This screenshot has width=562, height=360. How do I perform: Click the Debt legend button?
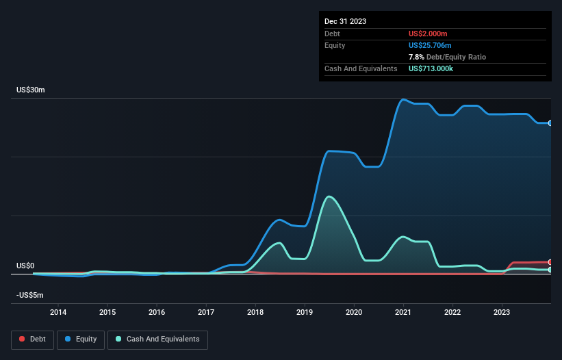tap(33, 339)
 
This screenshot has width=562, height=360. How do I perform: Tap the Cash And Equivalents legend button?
tap(157, 339)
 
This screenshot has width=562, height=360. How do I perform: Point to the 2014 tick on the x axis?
tap(58, 313)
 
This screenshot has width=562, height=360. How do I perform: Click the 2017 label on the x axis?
tap(206, 313)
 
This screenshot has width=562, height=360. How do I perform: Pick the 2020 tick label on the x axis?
tap(354, 313)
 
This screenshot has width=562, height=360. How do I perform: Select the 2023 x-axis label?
tap(502, 313)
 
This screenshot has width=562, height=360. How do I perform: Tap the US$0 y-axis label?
tap(25, 266)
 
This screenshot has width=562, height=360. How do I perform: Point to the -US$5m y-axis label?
tap(30, 295)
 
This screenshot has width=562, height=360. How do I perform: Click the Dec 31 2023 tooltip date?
tap(345, 21)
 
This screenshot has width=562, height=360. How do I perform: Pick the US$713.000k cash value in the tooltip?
tap(436, 68)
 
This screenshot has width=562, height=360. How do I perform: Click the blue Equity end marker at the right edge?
tap(550, 123)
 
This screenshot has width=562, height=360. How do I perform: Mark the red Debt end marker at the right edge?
tap(550, 262)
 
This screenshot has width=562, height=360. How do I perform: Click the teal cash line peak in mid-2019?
tap(330, 196)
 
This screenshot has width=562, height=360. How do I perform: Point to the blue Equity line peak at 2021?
tap(403, 99)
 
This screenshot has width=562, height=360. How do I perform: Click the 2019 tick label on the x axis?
tap(305, 313)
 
